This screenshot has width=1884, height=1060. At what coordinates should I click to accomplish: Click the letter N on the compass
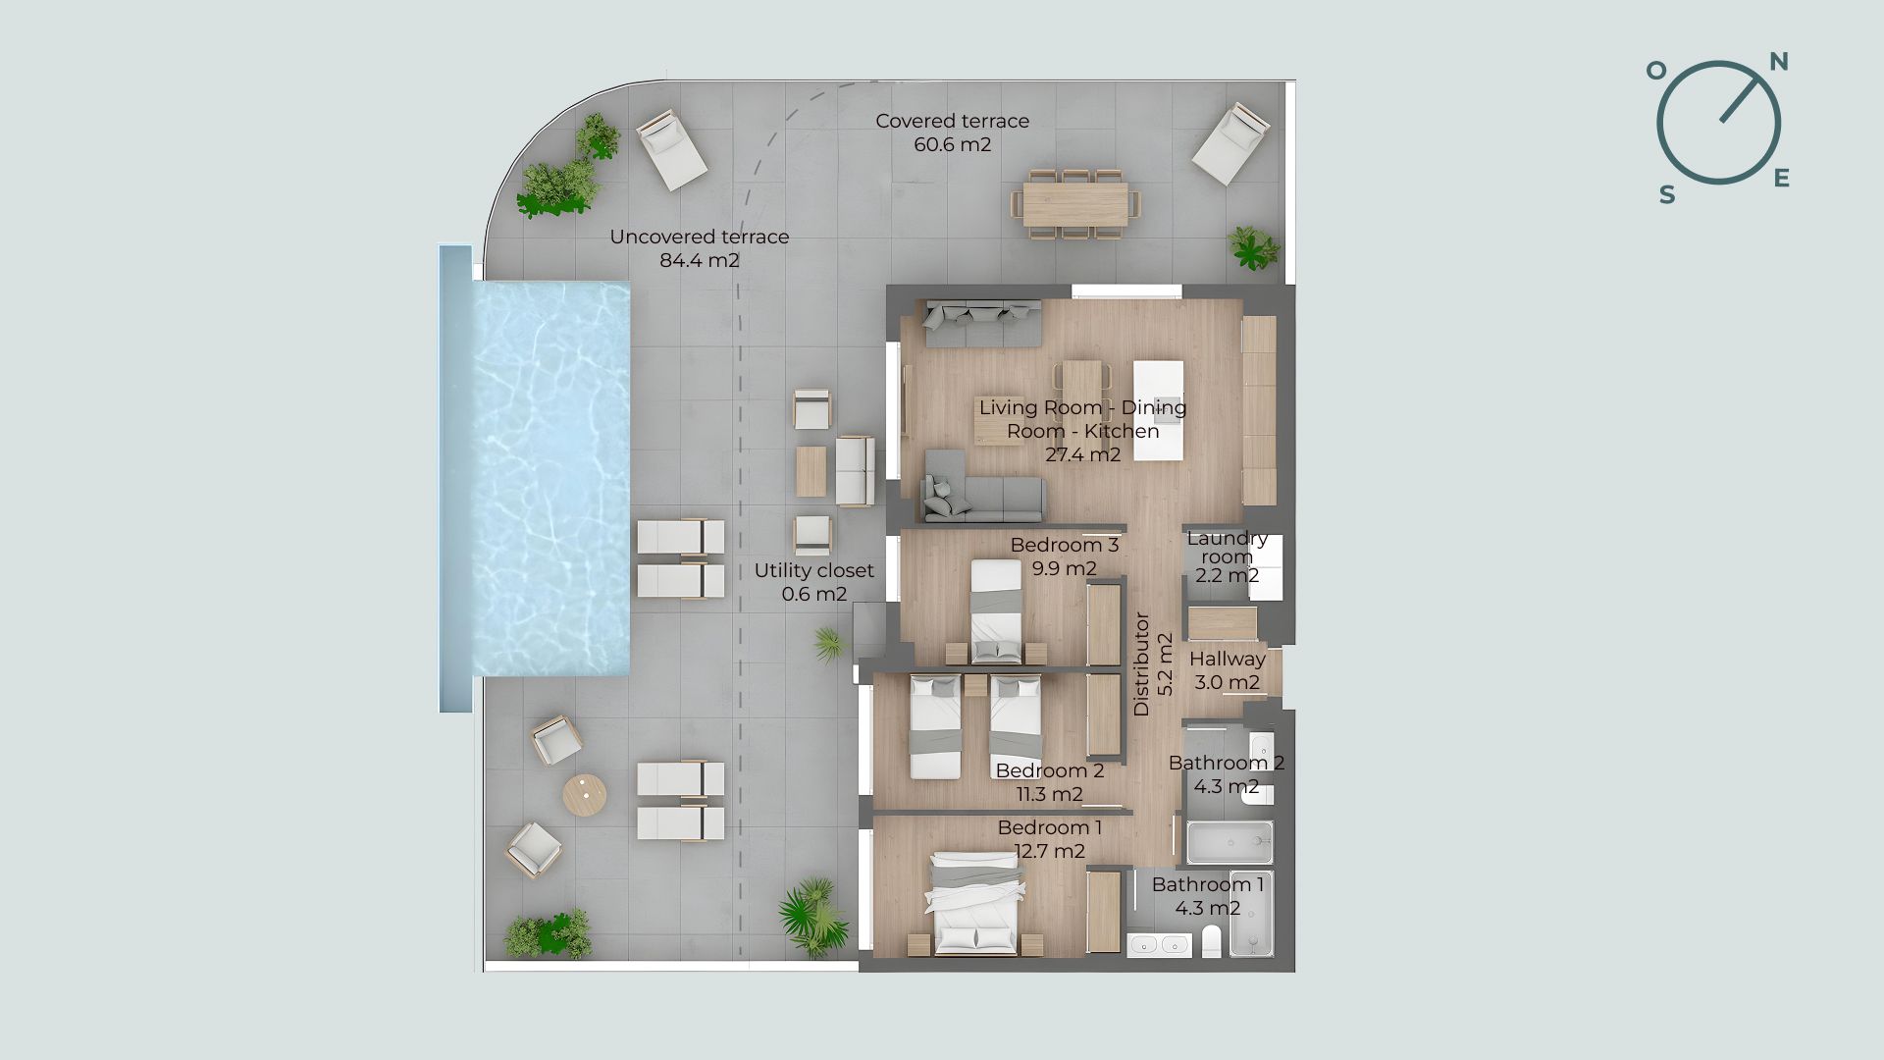click(x=1778, y=62)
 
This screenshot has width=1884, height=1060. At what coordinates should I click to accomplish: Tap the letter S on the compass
click(x=1667, y=195)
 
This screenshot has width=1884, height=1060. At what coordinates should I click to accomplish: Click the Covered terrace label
click(x=952, y=121)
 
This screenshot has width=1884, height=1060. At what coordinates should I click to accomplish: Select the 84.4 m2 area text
click(x=700, y=260)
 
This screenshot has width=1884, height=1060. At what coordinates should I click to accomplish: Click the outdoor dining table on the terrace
click(x=1076, y=204)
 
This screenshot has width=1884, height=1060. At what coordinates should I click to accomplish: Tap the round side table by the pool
click(x=584, y=795)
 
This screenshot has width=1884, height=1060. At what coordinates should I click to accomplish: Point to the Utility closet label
click(x=813, y=570)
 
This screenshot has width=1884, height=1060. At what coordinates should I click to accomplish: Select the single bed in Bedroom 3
click(x=996, y=610)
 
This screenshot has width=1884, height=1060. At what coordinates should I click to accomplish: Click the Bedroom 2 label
click(x=1050, y=770)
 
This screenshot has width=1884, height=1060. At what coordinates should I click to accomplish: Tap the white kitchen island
click(x=1159, y=410)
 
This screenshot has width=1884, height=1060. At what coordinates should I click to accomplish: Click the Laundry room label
click(x=1228, y=547)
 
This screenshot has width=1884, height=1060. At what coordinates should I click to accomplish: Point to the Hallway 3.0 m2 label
click(x=1228, y=670)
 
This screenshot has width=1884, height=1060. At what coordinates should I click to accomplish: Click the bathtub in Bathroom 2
click(x=1230, y=843)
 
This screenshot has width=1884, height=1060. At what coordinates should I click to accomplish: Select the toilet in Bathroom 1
click(x=1212, y=941)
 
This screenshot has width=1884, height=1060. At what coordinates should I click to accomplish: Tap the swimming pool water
click(x=550, y=479)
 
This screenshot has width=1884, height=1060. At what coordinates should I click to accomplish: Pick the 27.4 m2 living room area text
click(x=1082, y=454)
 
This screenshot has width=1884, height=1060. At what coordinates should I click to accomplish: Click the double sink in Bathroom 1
click(x=1159, y=945)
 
